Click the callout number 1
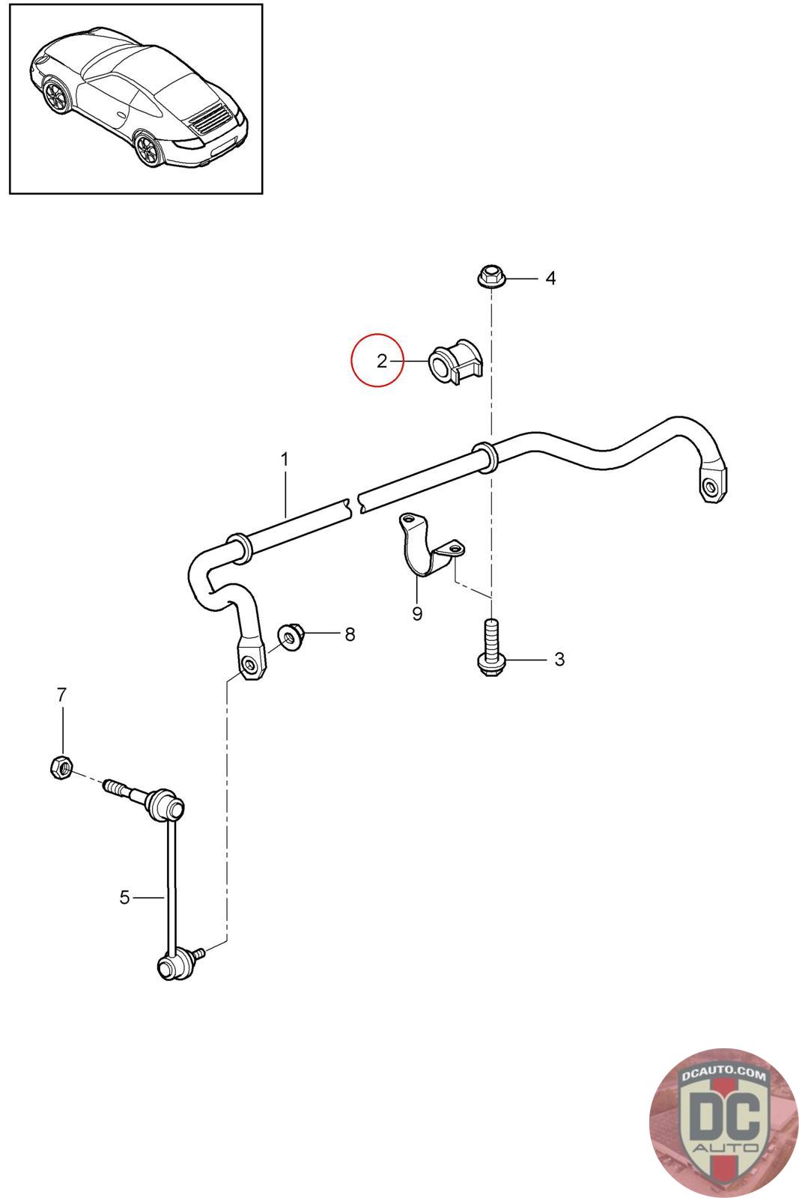[285, 458]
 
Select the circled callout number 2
[381, 361]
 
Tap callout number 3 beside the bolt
[559, 660]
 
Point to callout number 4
[550, 279]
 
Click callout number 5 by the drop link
[124, 896]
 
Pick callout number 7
[61, 695]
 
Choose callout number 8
[350, 635]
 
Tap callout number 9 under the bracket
[417, 614]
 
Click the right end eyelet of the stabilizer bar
[711, 487]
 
